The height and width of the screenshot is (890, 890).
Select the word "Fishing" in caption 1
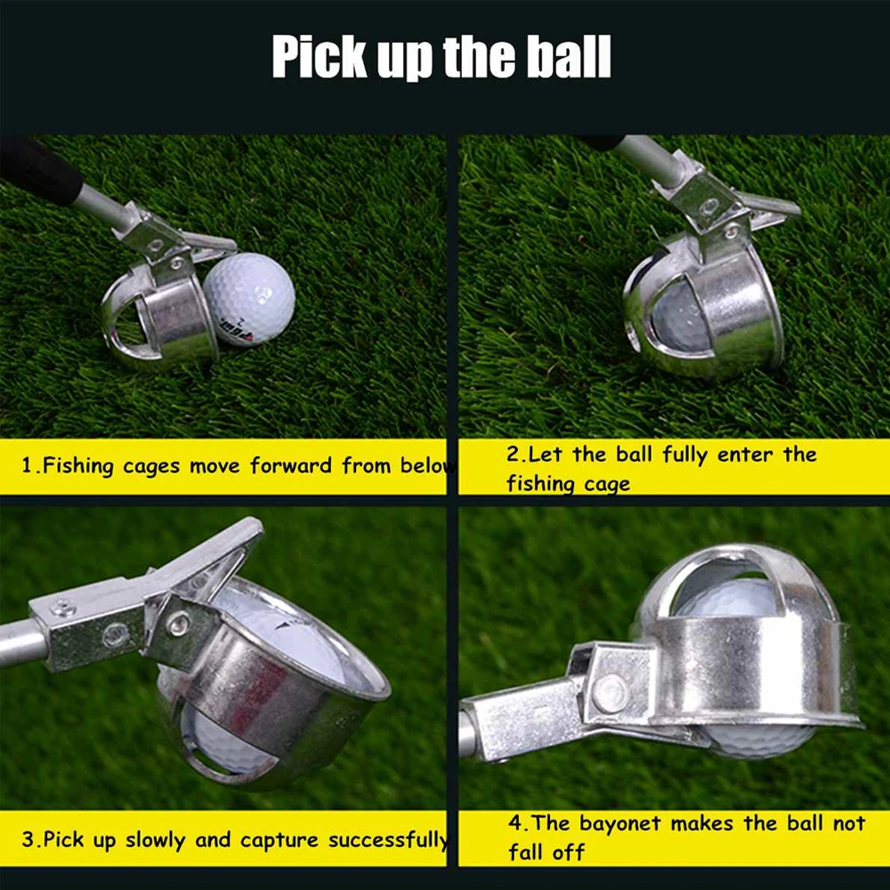pos(79,465)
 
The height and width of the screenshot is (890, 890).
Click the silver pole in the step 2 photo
pos(645,158)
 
